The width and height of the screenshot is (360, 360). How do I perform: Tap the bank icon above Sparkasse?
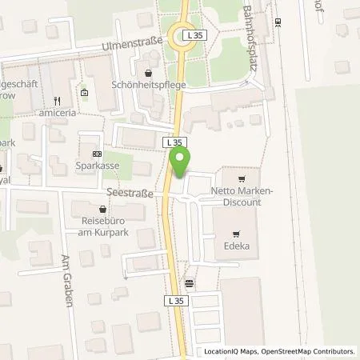(97, 154)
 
